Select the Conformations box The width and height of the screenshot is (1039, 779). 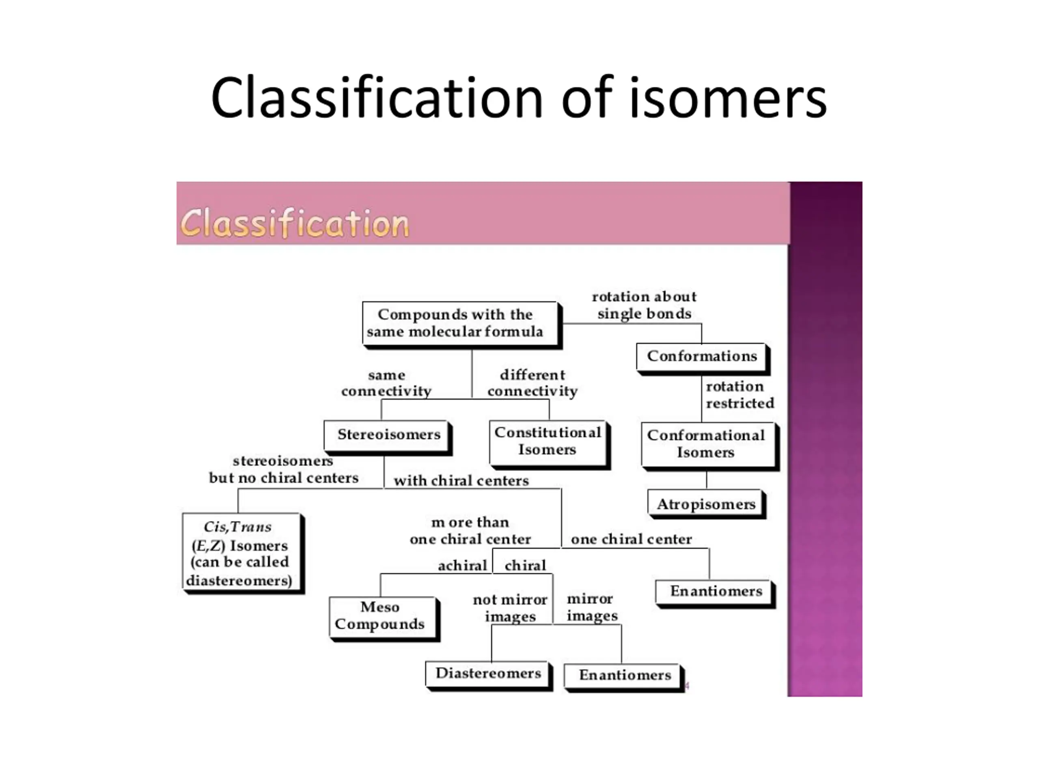(701, 356)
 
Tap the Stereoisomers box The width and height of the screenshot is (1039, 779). (386, 435)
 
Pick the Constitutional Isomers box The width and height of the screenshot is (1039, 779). (548, 441)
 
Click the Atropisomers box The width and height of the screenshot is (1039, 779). (705, 504)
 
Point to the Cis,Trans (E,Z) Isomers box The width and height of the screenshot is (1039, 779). (241, 553)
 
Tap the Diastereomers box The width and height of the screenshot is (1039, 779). (488, 674)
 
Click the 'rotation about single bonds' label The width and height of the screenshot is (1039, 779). (644, 305)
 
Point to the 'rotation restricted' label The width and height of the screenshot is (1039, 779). (739, 395)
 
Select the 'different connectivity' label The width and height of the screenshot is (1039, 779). (532, 383)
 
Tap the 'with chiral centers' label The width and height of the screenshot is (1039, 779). (461, 481)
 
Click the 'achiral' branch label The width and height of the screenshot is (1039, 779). (462, 566)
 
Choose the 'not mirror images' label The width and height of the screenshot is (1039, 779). (510, 608)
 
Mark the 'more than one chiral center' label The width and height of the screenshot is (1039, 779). (470, 531)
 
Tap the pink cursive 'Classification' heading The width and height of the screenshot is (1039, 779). (295, 223)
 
